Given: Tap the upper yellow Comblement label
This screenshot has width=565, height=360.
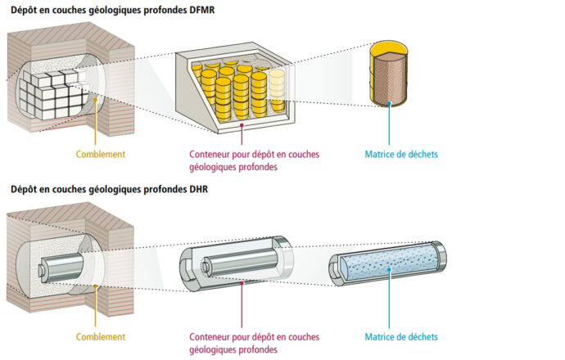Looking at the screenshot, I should click(101, 153).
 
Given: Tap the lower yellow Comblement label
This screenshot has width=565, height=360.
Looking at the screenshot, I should click(101, 336).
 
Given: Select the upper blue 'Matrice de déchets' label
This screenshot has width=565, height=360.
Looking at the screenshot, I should click(400, 153).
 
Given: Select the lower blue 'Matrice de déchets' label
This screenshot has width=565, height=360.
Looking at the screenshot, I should click(400, 336).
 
